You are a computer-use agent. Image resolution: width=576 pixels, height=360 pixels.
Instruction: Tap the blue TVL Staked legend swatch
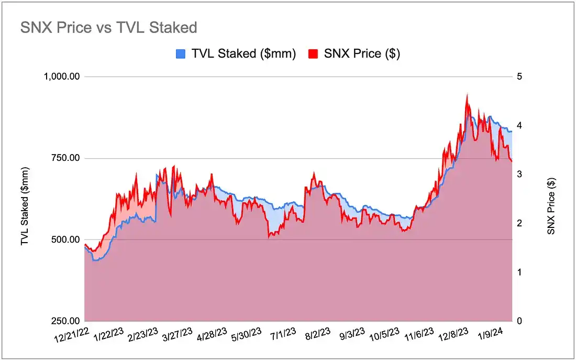pyautogui.click(x=181, y=53)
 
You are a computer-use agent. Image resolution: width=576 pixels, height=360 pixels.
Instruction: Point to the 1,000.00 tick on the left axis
pyautogui.click(x=61, y=77)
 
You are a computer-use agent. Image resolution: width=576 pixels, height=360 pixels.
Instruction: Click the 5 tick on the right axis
pyautogui.click(x=519, y=77)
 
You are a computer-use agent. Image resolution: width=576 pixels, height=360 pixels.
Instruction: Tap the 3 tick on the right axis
pyautogui.click(x=519, y=174)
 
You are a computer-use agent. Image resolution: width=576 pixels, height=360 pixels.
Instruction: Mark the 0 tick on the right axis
pyautogui.click(x=519, y=321)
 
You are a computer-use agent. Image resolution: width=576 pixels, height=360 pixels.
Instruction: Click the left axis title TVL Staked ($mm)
pyautogui.click(x=25, y=206)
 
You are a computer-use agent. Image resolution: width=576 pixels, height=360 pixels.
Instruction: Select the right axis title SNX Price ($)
pyautogui.click(x=551, y=206)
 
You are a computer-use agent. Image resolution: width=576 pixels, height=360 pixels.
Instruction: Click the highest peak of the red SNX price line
pyautogui.click(x=467, y=94)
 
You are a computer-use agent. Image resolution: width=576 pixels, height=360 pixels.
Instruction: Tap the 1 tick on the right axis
pyautogui.click(x=519, y=272)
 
